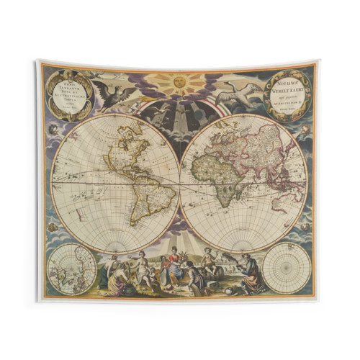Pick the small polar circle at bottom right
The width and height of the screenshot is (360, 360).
(x=286, y=268)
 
